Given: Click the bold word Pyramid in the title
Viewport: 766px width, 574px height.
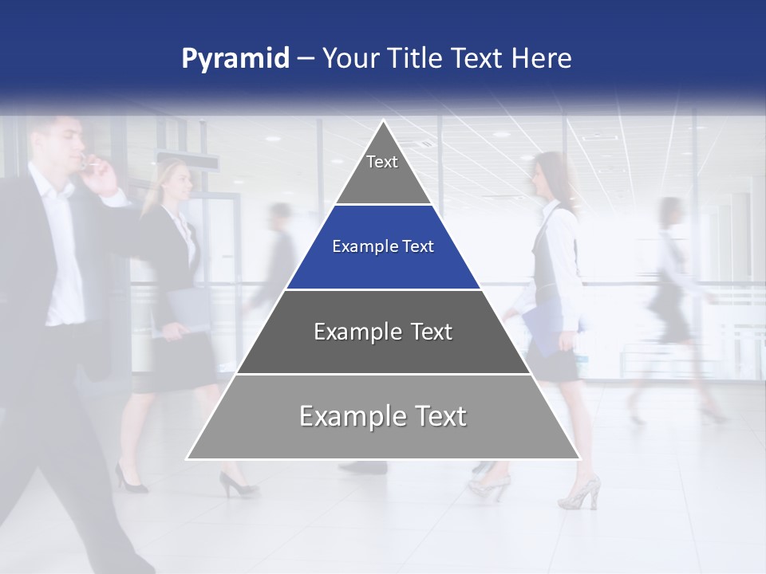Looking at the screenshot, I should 235,59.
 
